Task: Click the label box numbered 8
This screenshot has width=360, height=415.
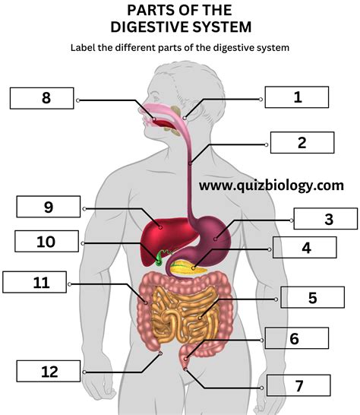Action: pyautogui.click(x=42, y=98)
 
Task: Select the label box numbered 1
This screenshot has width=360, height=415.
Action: pyautogui.click(x=297, y=97)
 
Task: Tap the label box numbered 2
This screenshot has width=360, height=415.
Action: pyautogui.click(x=302, y=142)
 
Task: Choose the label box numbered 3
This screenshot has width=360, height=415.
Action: pyautogui.click(x=326, y=219)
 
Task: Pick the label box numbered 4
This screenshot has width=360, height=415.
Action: pyautogui.click(x=305, y=247)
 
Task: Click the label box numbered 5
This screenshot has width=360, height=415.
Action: pyautogui.click(x=313, y=297)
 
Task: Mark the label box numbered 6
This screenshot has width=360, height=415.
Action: pyautogui.click(x=297, y=338)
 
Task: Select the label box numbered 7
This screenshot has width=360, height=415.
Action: pyautogui.click(x=298, y=385)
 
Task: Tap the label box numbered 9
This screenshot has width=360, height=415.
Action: pyautogui.click(x=49, y=207)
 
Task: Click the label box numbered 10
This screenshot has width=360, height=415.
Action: pyautogui.click(x=47, y=241)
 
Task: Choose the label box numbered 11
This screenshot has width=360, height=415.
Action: pyautogui.click(x=35, y=282)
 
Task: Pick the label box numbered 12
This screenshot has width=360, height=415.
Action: pyautogui.click(x=49, y=371)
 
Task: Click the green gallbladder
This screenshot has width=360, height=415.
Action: pyautogui.click(x=159, y=259)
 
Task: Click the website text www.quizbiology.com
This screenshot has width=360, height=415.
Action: pyautogui.click(x=271, y=185)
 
